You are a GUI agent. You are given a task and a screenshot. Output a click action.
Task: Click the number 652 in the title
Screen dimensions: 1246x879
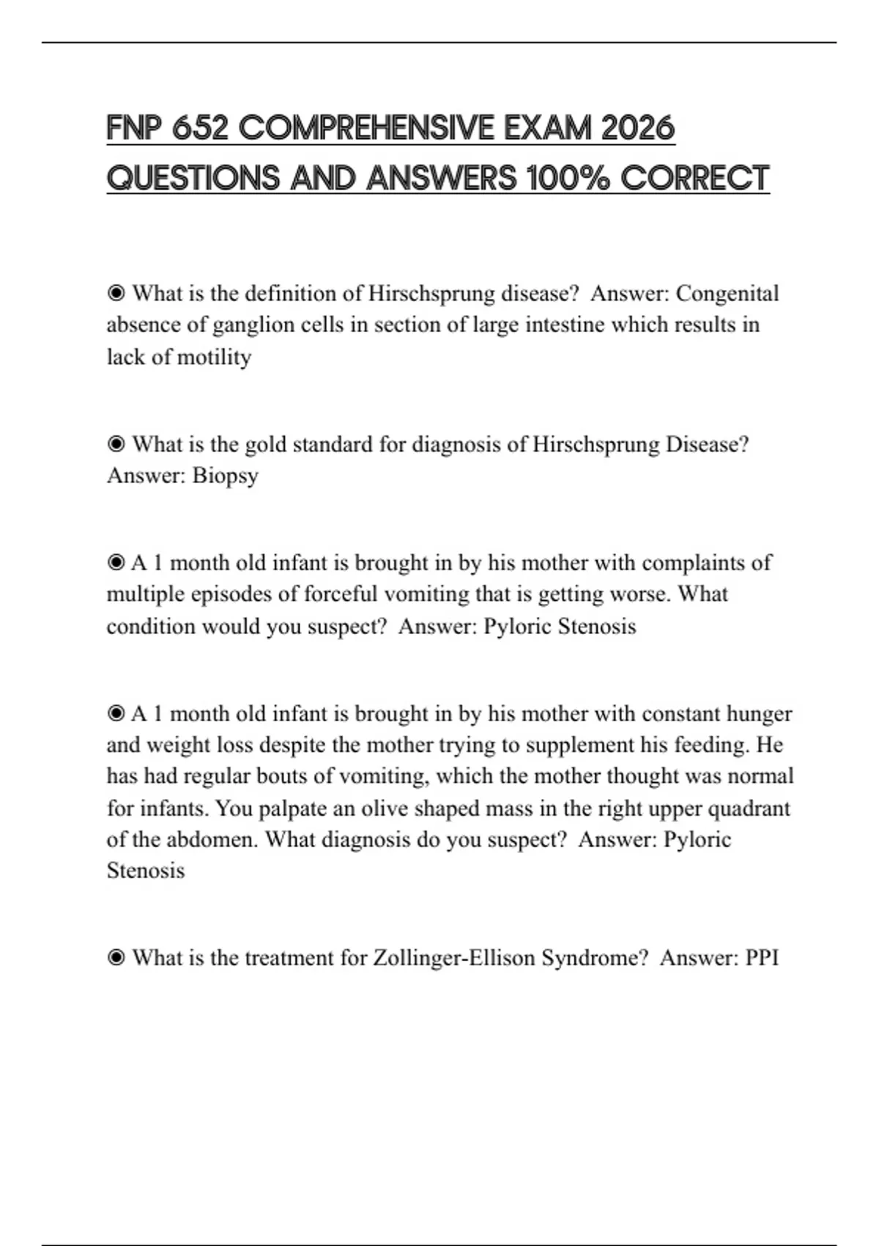(201, 128)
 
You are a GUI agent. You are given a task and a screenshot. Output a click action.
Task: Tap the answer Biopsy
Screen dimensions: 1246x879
(225, 476)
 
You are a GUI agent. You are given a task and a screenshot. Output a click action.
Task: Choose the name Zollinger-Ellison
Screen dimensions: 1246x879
(454, 958)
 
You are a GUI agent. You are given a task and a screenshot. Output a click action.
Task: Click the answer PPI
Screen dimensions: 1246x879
(762, 958)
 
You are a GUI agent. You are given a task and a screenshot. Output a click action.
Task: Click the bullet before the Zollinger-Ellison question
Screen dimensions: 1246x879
(116, 958)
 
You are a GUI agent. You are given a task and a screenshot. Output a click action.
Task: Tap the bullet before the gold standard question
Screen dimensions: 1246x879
(116, 444)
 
